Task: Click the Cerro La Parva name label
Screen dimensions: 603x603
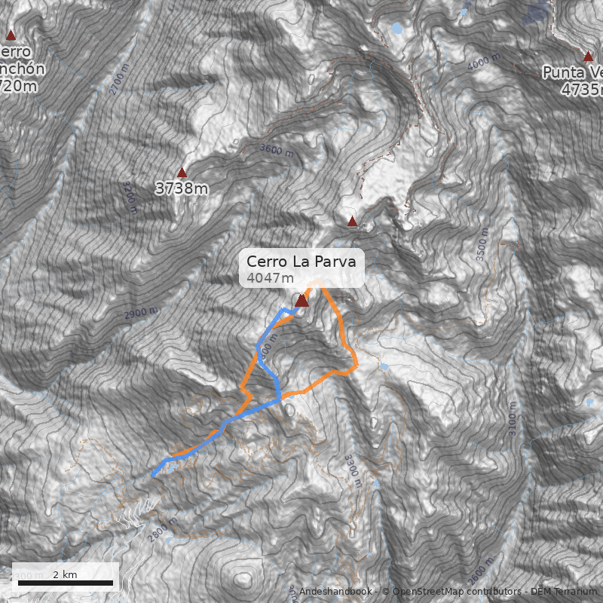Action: coord(301,262)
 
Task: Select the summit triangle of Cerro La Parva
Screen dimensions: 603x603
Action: coord(302,301)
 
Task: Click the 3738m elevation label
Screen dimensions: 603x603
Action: coord(182,188)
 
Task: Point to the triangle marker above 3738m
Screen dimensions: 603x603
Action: coord(182,173)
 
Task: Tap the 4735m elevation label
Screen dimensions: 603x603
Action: coord(582,89)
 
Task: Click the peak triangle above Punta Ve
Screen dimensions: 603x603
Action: coord(589,57)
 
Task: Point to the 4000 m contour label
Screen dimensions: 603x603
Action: coord(482,65)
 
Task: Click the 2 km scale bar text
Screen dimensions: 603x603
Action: coord(65,574)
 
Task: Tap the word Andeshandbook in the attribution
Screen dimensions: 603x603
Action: coord(335,592)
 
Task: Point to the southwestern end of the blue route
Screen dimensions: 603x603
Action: coord(153,475)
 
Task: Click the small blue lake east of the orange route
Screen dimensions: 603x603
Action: coord(385,367)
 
